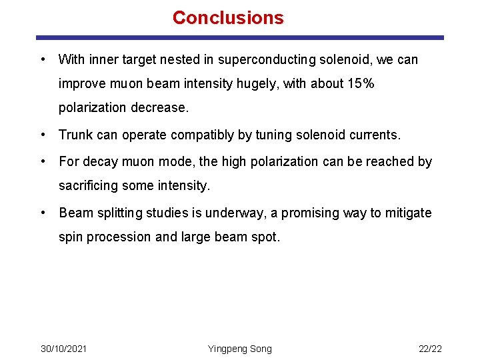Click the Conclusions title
228,18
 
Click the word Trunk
76,135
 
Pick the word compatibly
201,135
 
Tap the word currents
375,135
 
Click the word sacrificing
90,185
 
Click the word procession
118,237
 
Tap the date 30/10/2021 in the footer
63,349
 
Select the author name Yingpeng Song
240,349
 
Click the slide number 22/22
430,349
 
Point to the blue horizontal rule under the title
240,38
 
